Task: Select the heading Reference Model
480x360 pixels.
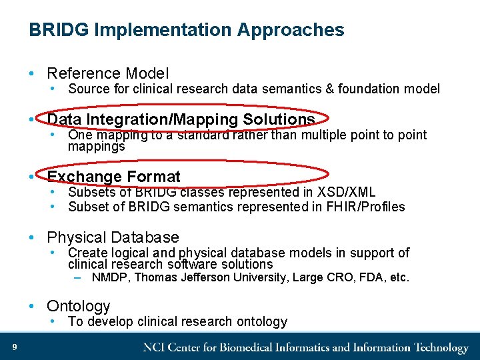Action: [x=107, y=73]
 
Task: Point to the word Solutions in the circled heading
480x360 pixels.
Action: [x=279, y=119]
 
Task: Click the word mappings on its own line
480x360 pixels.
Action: [x=96, y=146]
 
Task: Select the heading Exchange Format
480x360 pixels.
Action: [x=113, y=177]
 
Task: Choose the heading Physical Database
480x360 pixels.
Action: [x=113, y=237]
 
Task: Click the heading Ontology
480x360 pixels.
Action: [x=78, y=306]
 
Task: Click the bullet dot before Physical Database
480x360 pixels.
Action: [x=32, y=238]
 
